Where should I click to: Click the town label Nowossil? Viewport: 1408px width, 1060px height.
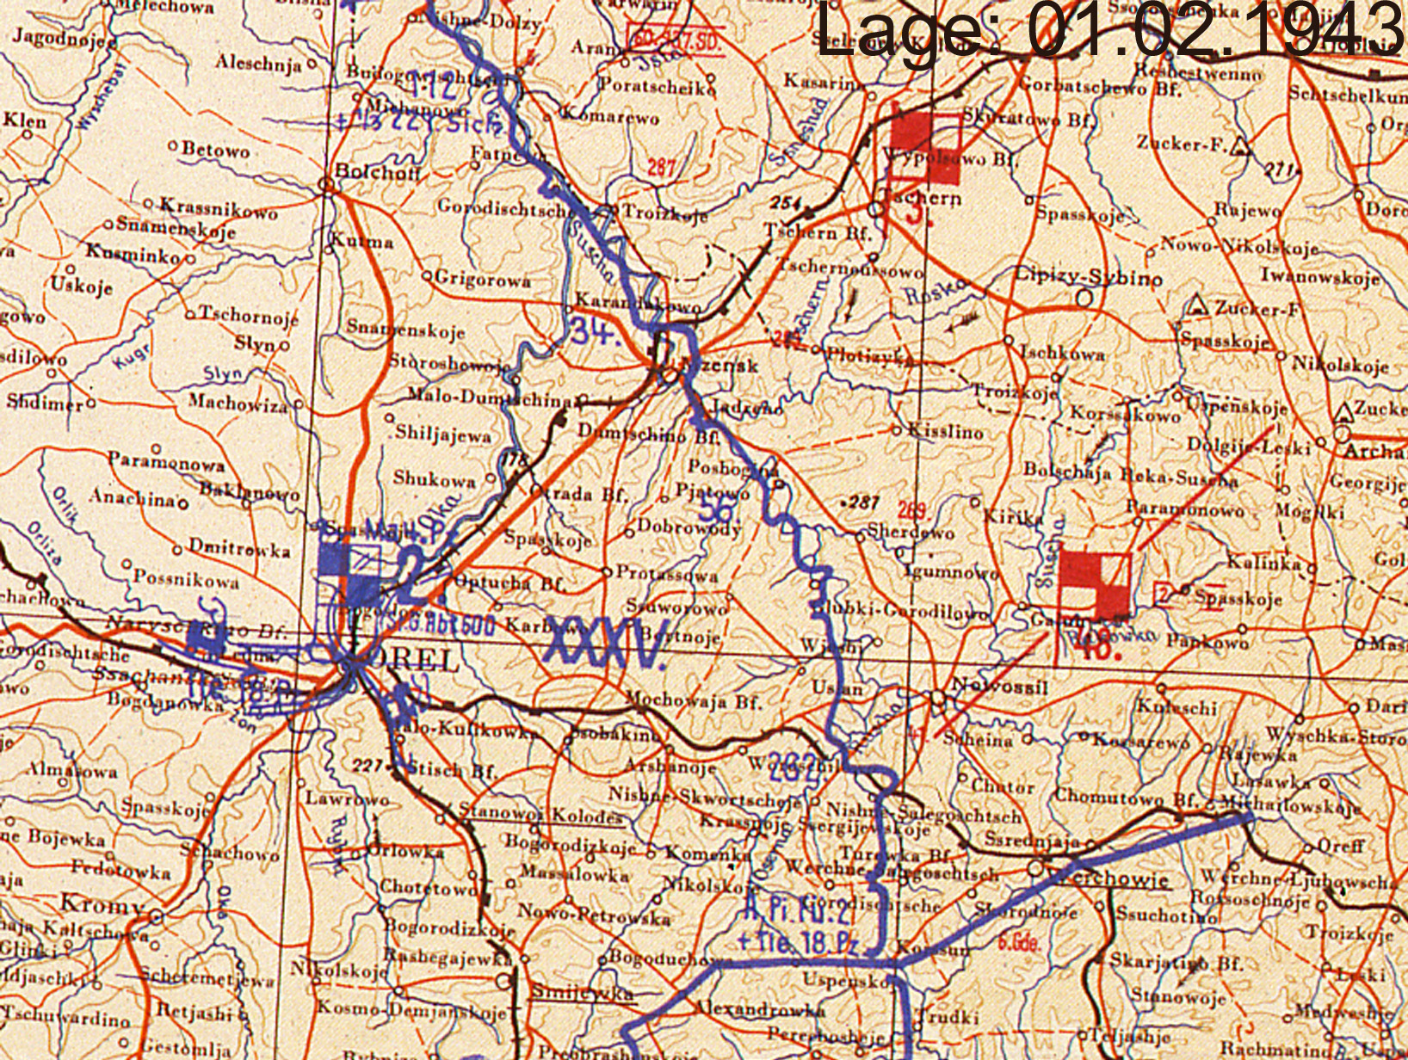pos(998,686)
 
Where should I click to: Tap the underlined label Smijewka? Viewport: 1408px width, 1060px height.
pos(581,992)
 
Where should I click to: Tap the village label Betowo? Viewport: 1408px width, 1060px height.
pos(215,150)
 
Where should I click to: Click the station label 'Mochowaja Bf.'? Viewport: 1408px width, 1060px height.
pos(693,701)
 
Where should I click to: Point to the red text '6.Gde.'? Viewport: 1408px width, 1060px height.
pos(1018,942)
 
